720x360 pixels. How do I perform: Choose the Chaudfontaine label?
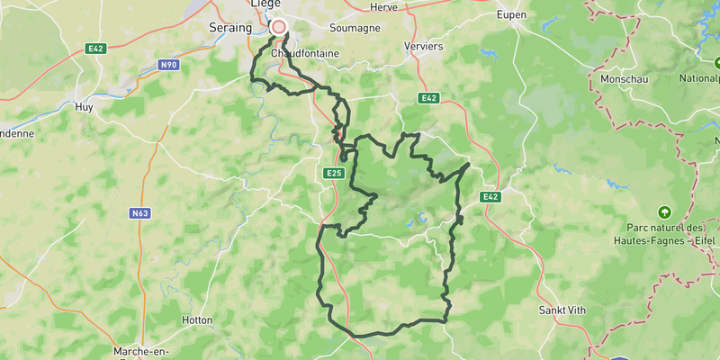[x=303, y=53]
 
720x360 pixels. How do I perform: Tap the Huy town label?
[x=85, y=106]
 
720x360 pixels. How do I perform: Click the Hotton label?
[x=196, y=319]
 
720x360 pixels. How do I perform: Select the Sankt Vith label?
[x=562, y=310]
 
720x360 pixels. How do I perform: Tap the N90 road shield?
[x=168, y=66]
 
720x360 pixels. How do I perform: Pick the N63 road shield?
[x=139, y=213]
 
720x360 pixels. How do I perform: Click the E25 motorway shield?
[x=333, y=172]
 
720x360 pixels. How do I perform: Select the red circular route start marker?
[x=279, y=27]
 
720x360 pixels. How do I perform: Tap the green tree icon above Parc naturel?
[x=665, y=212]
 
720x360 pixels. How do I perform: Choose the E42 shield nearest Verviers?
[x=428, y=98]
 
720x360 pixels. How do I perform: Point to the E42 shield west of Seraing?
[x=96, y=48]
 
